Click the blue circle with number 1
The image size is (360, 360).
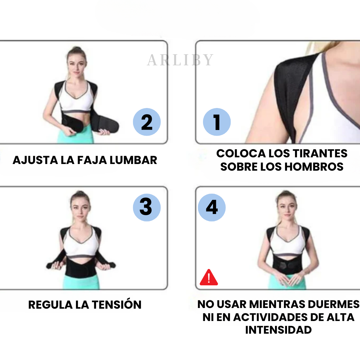(217, 122)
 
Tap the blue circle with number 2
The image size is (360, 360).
(147, 122)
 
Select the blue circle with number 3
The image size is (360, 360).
(147, 208)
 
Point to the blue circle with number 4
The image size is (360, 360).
(212, 208)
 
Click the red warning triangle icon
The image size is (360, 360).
(209, 277)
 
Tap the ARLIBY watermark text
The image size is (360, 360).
(180, 60)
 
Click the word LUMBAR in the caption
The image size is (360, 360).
(133, 160)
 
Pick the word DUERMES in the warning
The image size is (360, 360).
(334, 304)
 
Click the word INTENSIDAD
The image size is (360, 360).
(278, 330)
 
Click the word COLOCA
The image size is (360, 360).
(241, 153)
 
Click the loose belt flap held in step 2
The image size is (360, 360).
(107, 125)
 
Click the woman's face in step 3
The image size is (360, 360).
(81, 211)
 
